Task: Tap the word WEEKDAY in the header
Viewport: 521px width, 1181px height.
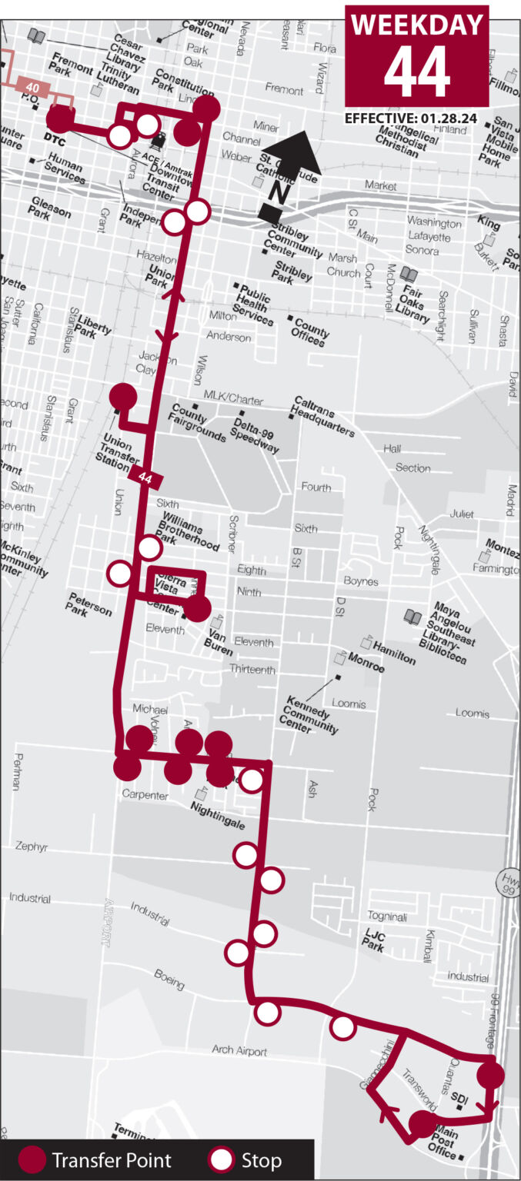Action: tap(416, 25)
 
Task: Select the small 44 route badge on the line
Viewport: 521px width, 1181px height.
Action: tap(145, 477)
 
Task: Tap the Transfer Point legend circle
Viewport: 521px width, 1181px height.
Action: tap(32, 1159)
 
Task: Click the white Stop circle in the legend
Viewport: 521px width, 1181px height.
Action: tap(222, 1159)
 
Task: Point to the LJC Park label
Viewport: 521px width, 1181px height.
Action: tap(372, 943)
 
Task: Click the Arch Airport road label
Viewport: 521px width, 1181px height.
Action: tap(240, 1051)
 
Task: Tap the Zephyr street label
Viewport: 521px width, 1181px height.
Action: tap(32, 847)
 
